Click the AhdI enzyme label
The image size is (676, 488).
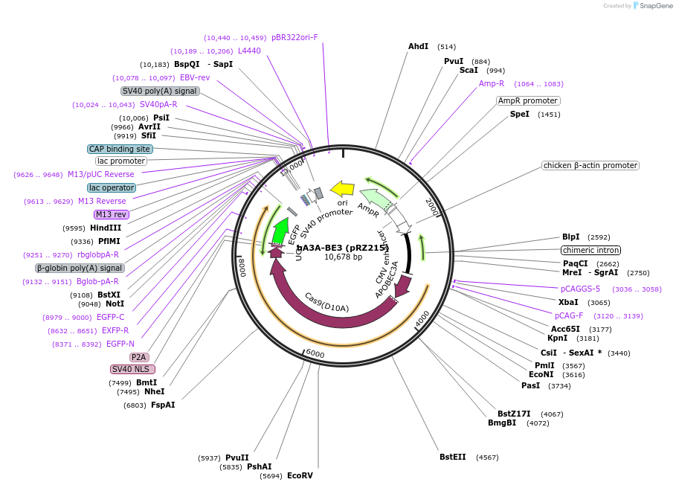(418, 47)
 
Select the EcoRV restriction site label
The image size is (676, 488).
(300, 475)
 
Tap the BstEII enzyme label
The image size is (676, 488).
(452, 457)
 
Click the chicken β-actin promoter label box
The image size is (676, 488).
(590, 165)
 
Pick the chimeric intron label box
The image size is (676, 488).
(590, 250)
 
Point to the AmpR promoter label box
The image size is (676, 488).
(528, 100)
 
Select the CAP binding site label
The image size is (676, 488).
(120, 149)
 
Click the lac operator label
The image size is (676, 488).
(111, 187)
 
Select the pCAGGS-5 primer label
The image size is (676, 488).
(580, 289)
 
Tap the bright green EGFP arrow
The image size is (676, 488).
(280, 230)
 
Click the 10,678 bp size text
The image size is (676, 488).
(343, 257)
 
